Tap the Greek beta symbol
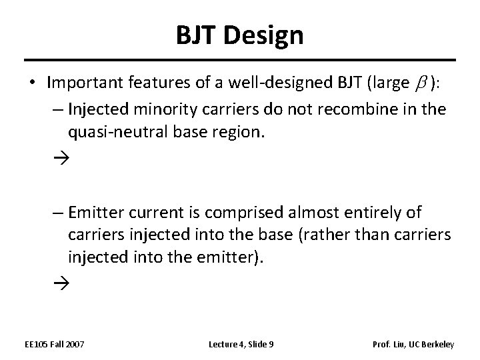click(x=421, y=83)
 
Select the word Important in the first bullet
click(x=79, y=83)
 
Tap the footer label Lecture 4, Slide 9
click(x=241, y=344)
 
